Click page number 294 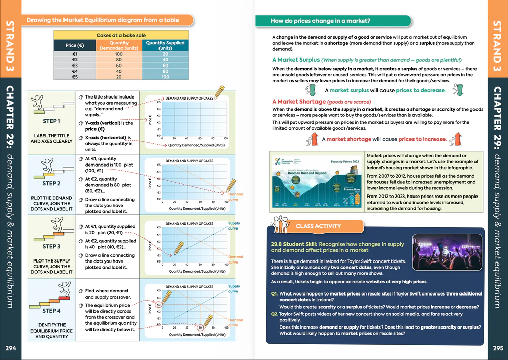pyautogui.click(x=10, y=348)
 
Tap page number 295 pyautogui.click(x=498, y=348)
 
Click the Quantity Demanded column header pyautogui.click(x=119, y=46)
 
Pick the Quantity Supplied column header pyautogui.click(x=165, y=46)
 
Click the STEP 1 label pyautogui.click(x=51, y=122)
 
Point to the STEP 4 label pyautogui.click(x=51, y=311)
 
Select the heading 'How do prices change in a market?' pyautogui.click(x=320, y=21)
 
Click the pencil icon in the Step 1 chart pyautogui.click(x=218, y=91)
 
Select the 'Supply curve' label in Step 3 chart pyautogui.click(x=234, y=226)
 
